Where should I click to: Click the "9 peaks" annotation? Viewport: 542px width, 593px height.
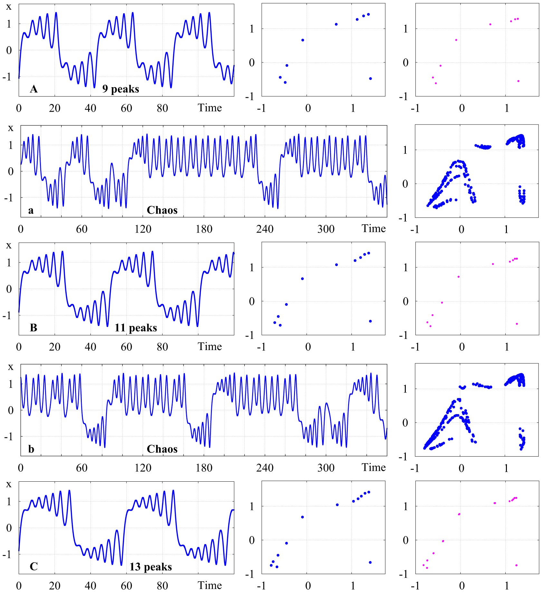coord(121,89)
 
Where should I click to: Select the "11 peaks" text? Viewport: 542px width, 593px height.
coord(136,328)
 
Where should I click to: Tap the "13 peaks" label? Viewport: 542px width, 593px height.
coord(151,567)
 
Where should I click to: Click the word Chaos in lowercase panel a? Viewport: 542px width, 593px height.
coord(162,210)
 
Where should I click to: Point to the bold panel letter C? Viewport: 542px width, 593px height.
coord(34,566)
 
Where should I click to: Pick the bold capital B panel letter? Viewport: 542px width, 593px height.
coord(33,328)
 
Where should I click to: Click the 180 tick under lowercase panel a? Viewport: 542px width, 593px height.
coord(204,229)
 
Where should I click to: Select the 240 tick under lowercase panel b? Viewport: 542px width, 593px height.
coord(265,468)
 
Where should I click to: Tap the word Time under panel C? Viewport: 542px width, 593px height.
coord(210,585)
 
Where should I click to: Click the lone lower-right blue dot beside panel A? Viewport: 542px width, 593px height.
coord(370,79)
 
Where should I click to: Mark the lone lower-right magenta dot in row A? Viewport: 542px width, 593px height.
coord(518,81)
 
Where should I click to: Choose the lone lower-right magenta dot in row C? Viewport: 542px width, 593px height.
coord(516,565)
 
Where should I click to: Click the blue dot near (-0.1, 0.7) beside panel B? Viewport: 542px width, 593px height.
coord(302,279)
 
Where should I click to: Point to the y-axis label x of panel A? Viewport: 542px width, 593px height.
coord(9,7)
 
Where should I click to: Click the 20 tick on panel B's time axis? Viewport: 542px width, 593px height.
coord(55,347)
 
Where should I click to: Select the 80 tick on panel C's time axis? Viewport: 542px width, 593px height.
coord(162,585)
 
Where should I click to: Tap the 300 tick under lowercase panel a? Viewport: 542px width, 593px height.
coord(326,229)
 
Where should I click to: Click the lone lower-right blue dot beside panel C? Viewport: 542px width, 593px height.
coord(370,562)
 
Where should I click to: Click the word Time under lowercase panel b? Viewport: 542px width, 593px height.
coord(374,467)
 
